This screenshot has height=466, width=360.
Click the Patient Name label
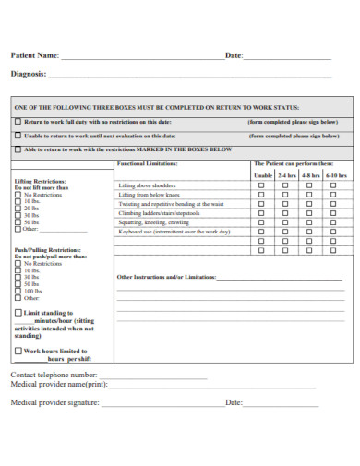[x=34, y=55]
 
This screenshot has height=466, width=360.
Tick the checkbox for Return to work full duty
[x=18, y=122]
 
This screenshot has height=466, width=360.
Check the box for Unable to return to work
[x=18, y=136]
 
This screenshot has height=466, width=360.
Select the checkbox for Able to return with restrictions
[x=18, y=149]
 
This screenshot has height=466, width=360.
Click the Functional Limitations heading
[x=145, y=163]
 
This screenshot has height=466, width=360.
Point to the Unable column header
[x=262, y=175]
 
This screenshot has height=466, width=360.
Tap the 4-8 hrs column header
[x=311, y=175]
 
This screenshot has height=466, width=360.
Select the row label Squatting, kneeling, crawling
[x=154, y=222]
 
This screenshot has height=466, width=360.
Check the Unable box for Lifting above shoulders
[x=261, y=185]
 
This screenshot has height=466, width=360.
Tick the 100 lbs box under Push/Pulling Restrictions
[x=18, y=291]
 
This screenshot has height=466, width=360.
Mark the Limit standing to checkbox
[x=18, y=313]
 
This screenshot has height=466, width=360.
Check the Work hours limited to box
[x=18, y=352]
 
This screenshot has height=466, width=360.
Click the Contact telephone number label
[x=54, y=376]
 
